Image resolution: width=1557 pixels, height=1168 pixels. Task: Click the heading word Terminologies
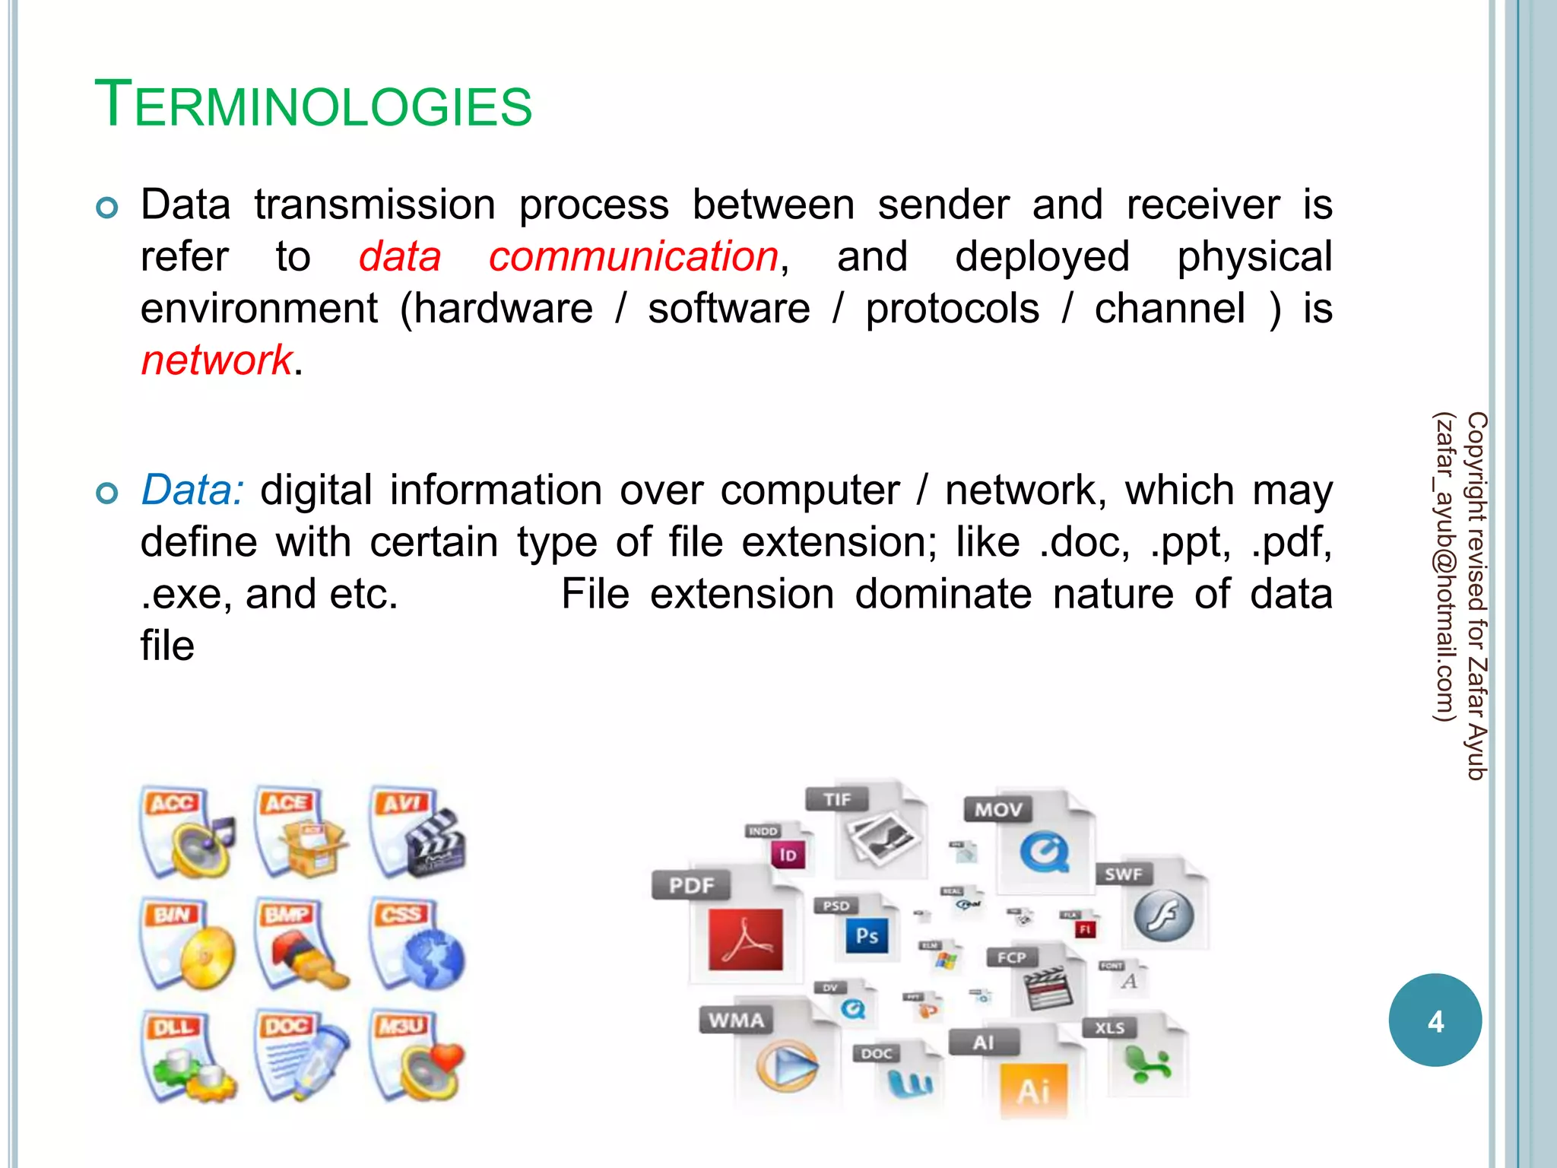tap(313, 105)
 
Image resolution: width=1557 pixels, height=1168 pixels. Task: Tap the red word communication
tap(633, 257)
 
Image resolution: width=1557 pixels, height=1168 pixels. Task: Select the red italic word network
tap(217, 360)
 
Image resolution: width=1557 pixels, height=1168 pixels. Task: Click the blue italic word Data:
tap(192, 490)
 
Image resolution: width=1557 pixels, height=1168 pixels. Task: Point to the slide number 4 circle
tap(1435, 1020)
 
